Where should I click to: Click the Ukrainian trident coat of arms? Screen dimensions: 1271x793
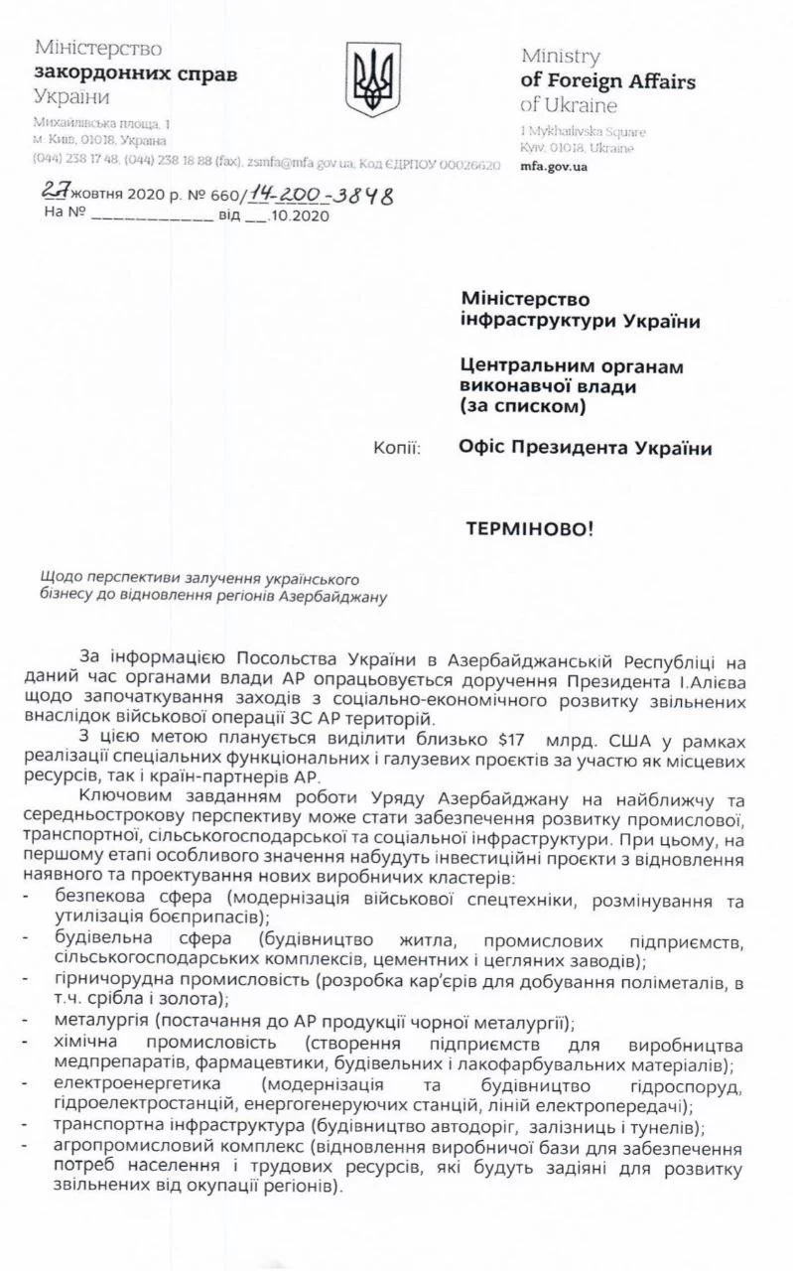pyautogui.click(x=373, y=78)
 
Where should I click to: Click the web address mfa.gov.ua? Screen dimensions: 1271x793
pyautogui.click(x=554, y=166)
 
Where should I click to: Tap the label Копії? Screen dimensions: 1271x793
pyautogui.click(x=396, y=448)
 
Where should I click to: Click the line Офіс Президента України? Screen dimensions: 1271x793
pyautogui.click(x=586, y=448)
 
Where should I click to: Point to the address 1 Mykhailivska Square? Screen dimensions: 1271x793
pyautogui.click(x=583, y=131)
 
